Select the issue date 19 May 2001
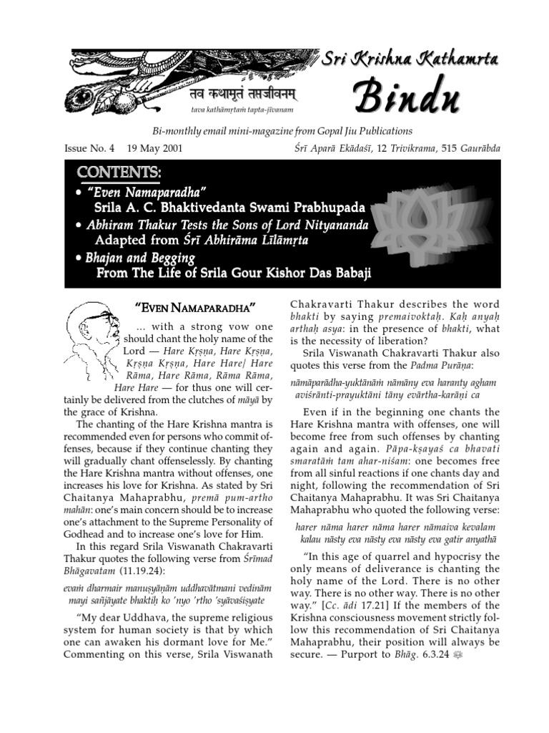[x=154, y=149]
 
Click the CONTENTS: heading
[x=119, y=174]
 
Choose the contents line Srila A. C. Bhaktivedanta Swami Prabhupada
[x=229, y=208]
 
